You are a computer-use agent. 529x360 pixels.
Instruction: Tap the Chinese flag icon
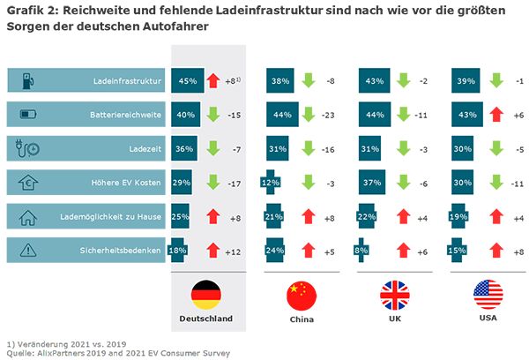pyautogui.click(x=302, y=294)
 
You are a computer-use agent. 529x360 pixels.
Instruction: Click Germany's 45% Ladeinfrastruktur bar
pyautogui.click(x=187, y=80)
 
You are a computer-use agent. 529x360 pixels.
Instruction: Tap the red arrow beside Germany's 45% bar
pyautogui.click(x=213, y=80)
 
